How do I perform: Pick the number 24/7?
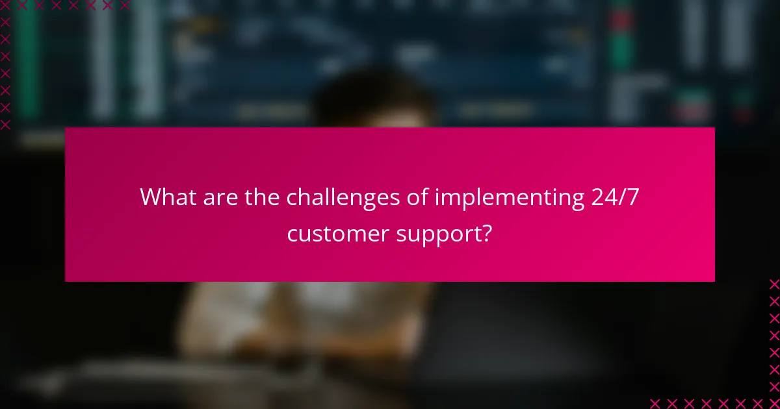pos(616,197)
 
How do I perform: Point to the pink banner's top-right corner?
pos(714,129)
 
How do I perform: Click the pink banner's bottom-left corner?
pos(66,280)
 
